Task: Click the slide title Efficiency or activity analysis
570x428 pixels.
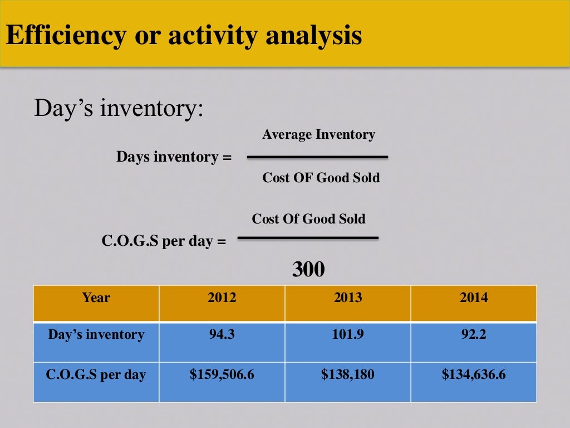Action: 184,36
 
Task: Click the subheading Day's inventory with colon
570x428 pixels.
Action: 119,108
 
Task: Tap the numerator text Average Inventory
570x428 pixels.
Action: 318,134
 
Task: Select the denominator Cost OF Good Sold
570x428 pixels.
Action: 321,178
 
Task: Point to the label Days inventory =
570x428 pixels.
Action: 173,157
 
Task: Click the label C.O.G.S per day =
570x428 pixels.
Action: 164,242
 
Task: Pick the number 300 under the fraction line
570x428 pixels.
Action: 308,270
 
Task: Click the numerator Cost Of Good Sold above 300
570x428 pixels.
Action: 308,219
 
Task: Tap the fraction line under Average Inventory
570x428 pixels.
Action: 317,157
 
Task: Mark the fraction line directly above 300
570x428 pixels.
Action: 308,239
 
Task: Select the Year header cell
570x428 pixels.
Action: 96,298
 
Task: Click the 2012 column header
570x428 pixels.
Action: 222,298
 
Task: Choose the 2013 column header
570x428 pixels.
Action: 347,298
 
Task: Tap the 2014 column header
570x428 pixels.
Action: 473,298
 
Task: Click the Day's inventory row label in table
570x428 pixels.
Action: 96,335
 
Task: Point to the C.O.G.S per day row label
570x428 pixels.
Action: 96,374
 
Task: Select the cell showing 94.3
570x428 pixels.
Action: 222,335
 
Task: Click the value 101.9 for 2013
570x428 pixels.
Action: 347,335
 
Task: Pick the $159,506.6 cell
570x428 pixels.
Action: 222,374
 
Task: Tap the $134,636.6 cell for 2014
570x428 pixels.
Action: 473,374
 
